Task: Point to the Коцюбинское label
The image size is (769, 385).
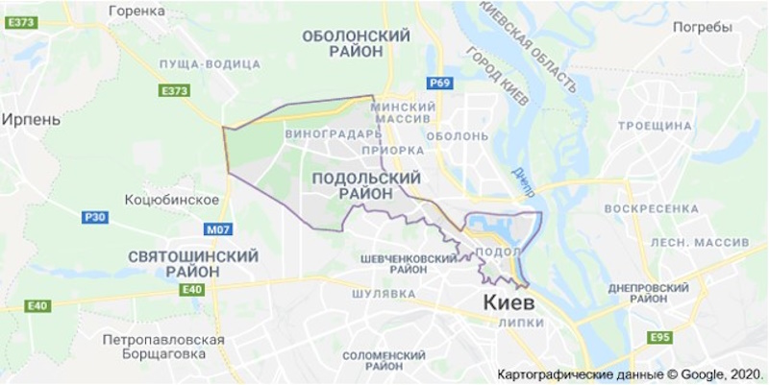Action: point(172,200)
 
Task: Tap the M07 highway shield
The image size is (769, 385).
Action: point(219,230)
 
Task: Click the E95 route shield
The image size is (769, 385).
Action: point(659,337)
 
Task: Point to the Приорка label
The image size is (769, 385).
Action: point(392,151)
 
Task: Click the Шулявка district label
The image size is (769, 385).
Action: point(383,293)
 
